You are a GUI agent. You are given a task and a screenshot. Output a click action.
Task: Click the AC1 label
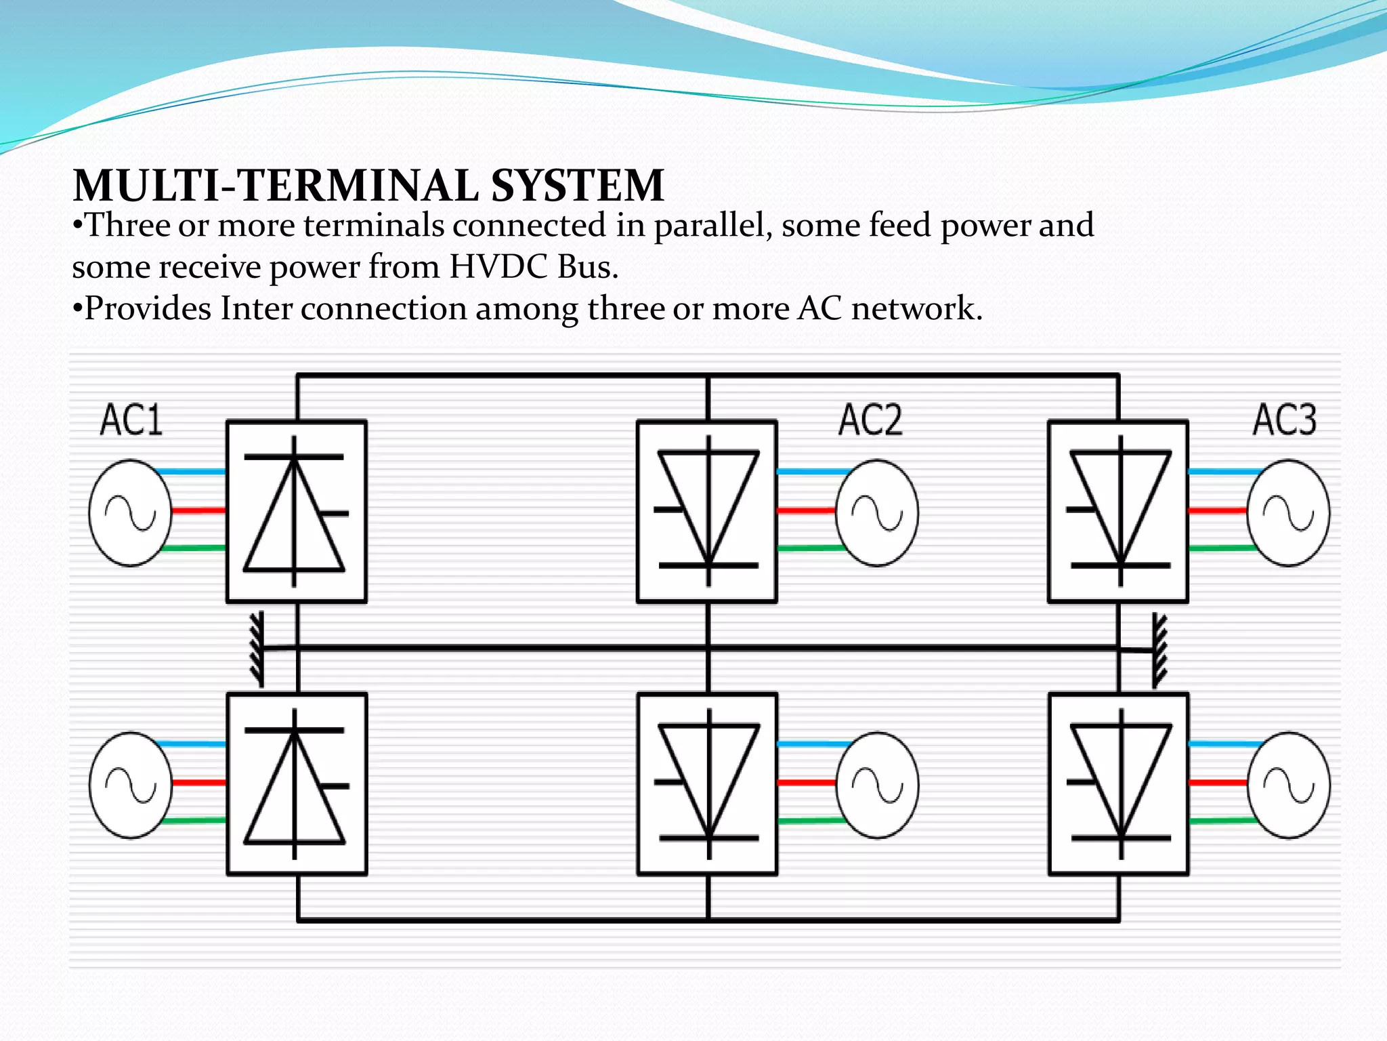pyautogui.click(x=131, y=420)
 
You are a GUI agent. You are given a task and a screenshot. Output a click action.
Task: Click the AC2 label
pyautogui.click(x=870, y=420)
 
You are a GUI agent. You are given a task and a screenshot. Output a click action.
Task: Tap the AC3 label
pyautogui.click(x=1284, y=420)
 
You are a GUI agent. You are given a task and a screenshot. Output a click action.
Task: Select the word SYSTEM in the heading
pyautogui.click(x=577, y=186)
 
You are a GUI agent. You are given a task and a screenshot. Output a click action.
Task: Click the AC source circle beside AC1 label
pyautogui.click(x=130, y=513)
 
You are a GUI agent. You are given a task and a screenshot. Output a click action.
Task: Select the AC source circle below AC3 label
pyautogui.click(x=1288, y=513)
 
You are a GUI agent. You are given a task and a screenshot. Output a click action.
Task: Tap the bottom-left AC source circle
pyautogui.click(x=130, y=785)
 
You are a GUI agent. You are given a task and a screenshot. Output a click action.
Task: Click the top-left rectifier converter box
pyautogui.click(x=297, y=512)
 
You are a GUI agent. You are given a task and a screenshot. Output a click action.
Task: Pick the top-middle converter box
pyautogui.click(x=707, y=512)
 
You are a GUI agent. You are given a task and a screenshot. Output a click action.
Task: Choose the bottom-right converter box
pyautogui.click(x=1119, y=784)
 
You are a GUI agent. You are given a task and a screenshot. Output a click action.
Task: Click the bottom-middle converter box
pyautogui.click(x=707, y=784)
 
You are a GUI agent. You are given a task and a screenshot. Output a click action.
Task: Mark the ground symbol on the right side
pyautogui.click(x=1159, y=651)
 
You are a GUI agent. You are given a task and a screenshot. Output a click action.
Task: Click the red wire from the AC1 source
pyautogui.click(x=198, y=510)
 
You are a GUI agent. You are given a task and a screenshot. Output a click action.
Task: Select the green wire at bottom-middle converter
pyautogui.click(x=810, y=821)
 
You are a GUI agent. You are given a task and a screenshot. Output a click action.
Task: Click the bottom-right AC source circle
pyautogui.click(x=1288, y=785)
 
